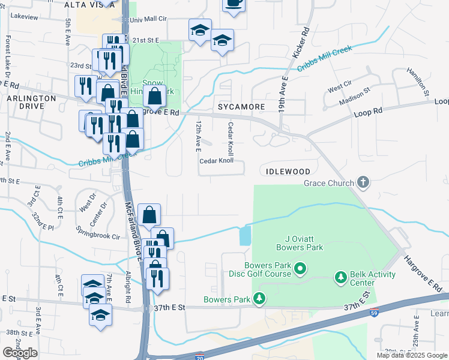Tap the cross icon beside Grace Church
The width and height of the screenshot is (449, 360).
pos(363,182)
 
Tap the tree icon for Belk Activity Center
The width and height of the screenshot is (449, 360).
pos(341,277)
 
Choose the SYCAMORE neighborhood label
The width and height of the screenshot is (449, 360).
pos(241,106)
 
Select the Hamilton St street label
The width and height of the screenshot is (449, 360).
pos(417,81)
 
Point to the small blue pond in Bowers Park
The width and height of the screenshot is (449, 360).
pos(246,235)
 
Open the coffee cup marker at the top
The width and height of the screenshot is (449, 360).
pos(234,4)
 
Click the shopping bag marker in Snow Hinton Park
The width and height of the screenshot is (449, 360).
pos(154,95)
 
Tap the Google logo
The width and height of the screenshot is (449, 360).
pos(20,353)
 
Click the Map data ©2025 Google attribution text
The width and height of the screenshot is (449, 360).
pos(411,355)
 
